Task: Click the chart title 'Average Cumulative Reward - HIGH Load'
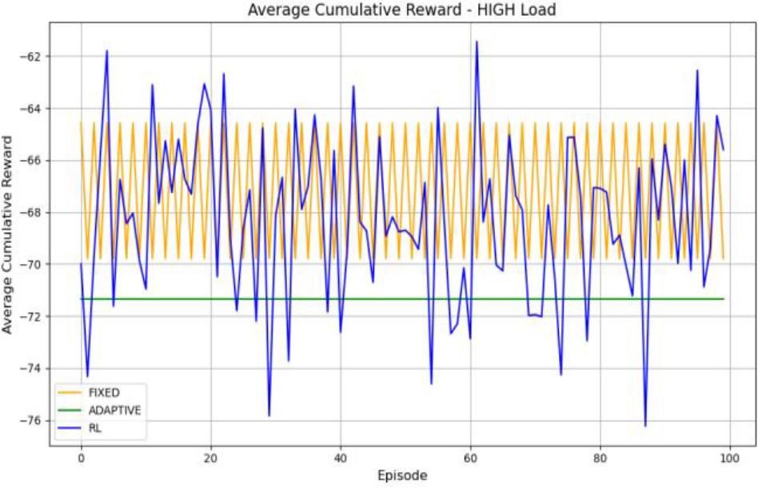coord(401,10)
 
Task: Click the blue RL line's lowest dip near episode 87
coord(645,426)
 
